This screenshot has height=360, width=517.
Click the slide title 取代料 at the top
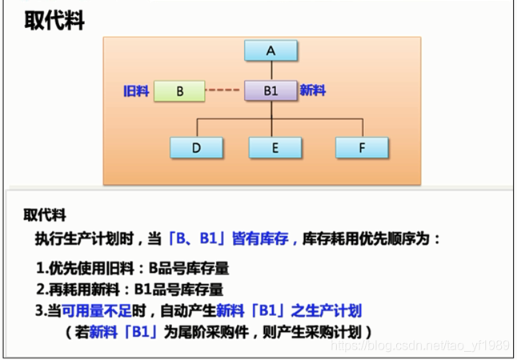(x=54, y=22)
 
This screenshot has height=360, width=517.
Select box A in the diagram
(x=271, y=50)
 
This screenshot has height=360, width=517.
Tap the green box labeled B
(x=180, y=91)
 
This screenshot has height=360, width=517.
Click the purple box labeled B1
(x=271, y=91)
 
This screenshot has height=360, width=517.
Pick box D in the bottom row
(x=196, y=148)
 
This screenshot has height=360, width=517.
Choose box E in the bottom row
(x=275, y=148)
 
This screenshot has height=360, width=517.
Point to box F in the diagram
(x=362, y=148)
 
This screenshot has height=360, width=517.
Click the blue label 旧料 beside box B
(x=135, y=91)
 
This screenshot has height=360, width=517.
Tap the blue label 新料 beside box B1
(x=312, y=91)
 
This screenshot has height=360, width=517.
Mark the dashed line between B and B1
(x=225, y=91)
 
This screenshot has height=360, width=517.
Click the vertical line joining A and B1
(x=271, y=70)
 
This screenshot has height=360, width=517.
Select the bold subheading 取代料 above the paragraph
(x=45, y=215)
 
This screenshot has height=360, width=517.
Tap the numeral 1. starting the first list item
(x=42, y=269)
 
